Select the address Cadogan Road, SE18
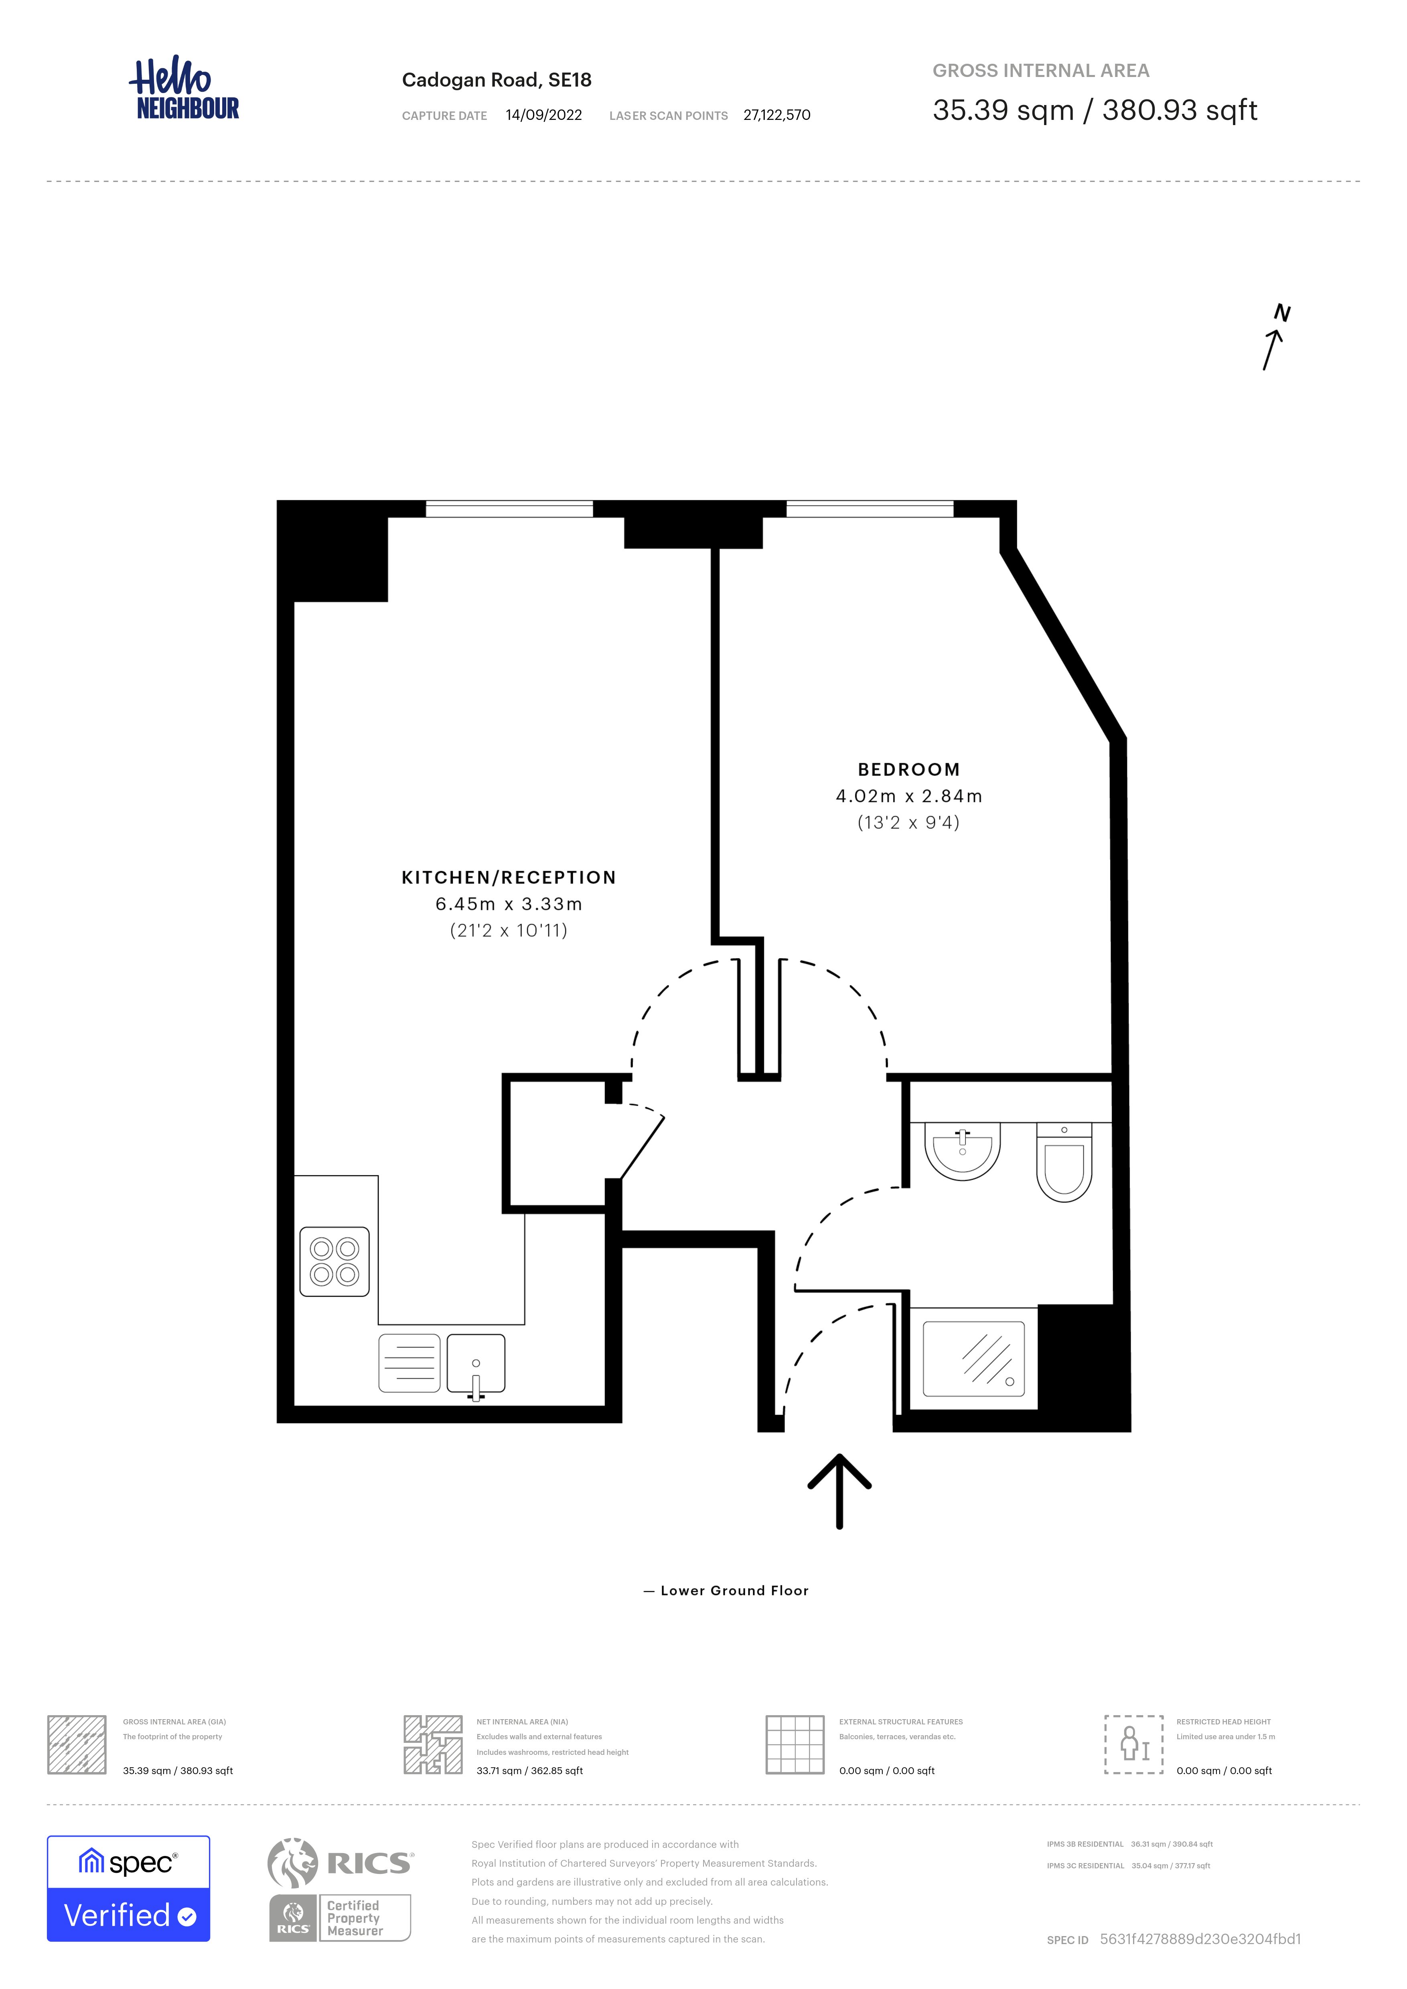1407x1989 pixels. [497, 80]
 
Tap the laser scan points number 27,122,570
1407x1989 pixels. [776, 115]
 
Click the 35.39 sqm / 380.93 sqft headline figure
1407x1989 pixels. [1094, 110]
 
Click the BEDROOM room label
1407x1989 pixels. [909, 769]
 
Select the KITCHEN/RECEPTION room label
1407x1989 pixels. [509, 878]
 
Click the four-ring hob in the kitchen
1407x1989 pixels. [335, 1261]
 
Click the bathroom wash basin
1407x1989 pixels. [963, 1150]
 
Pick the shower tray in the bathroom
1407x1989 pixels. [974, 1358]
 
